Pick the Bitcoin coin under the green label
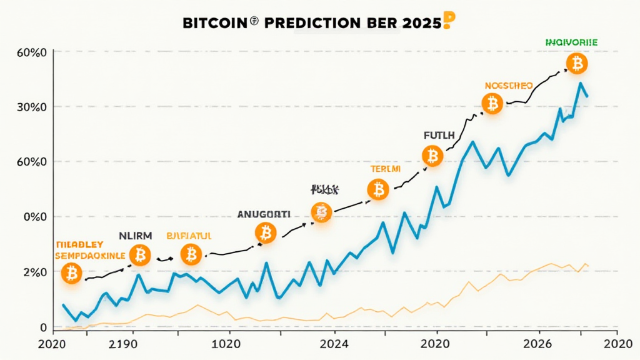(577, 62)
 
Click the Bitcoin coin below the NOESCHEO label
(492, 103)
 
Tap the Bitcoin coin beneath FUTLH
(432, 156)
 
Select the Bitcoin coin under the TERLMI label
(378, 189)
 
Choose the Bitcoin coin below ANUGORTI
(266, 233)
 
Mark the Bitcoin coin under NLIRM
(140, 254)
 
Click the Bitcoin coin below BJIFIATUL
(191, 254)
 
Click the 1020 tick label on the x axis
(226, 343)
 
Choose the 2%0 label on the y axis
(35, 272)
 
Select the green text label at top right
(571, 42)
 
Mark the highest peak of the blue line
(581, 82)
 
